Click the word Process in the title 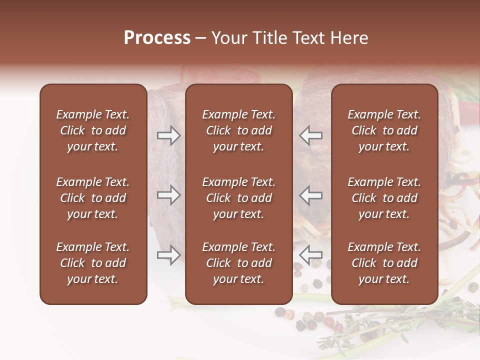tap(157, 38)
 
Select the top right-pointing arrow tap(169, 135)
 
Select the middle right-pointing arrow tap(169, 195)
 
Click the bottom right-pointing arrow tap(169, 255)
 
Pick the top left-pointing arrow tap(310, 135)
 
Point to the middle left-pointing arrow tap(310, 195)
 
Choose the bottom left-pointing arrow tap(310, 255)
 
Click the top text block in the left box tap(93, 130)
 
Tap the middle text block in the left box tap(93, 198)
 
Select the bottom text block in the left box tap(93, 263)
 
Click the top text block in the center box tap(238, 130)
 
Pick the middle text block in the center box tap(238, 198)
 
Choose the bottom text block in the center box tap(238, 263)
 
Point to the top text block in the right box tap(384, 130)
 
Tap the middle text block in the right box tap(384, 198)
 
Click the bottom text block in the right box tap(384, 263)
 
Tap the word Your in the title tap(230, 38)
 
